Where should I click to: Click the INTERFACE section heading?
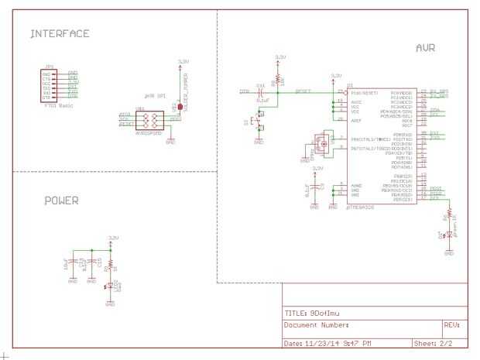click(x=60, y=34)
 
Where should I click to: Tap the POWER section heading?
click(x=61, y=201)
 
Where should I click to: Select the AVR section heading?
click(x=425, y=48)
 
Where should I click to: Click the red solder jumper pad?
click(x=180, y=106)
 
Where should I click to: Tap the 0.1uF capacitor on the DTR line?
click(x=262, y=93)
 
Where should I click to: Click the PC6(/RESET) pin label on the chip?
click(x=362, y=92)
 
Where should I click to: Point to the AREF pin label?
click(x=356, y=120)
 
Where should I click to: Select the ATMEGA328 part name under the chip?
click(x=361, y=207)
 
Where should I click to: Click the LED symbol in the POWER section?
click(x=110, y=286)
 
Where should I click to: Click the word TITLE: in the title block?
click(x=294, y=313)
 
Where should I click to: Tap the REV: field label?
click(x=452, y=325)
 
